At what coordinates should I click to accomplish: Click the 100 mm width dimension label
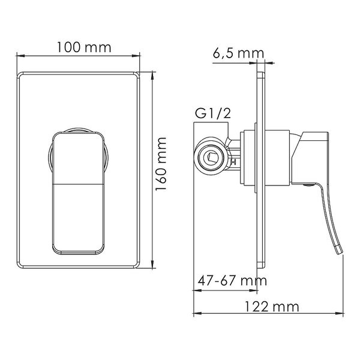84,47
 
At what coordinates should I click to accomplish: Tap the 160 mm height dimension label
161,164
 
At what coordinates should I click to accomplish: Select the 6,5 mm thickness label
238,54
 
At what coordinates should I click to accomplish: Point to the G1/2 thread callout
212,113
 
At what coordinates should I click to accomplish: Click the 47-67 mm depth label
232,280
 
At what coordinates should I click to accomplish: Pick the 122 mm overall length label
272,307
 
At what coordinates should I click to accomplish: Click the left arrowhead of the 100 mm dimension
20,56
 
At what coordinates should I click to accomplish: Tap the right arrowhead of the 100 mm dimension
136,56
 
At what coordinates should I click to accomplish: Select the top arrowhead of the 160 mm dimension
152,76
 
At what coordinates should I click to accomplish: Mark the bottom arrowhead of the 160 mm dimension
152,264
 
